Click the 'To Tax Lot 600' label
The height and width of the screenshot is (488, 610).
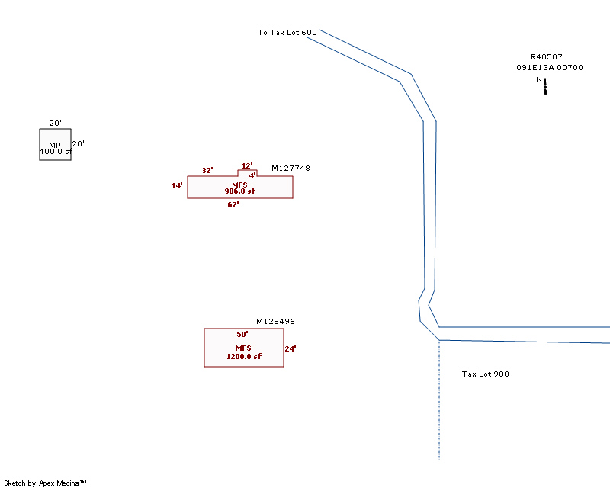(287, 33)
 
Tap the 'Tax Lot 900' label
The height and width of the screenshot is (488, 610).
(486, 374)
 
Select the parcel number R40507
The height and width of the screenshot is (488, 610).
(547, 56)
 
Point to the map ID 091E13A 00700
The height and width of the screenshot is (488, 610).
(549, 68)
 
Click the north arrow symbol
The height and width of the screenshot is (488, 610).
(545, 86)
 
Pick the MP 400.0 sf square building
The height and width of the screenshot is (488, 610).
(55, 138)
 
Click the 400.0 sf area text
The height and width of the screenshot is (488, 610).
(55, 152)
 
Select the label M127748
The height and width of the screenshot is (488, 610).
(291, 169)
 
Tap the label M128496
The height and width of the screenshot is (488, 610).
(275, 322)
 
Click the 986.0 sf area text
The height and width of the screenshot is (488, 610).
(239, 191)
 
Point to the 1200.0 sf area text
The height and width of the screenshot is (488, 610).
(243, 356)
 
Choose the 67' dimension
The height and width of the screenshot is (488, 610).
(233, 204)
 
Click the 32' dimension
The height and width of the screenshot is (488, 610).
(207, 171)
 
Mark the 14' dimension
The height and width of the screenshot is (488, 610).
(177, 186)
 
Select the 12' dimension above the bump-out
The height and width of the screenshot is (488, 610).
(247, 165)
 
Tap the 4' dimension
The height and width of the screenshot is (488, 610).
(252, 175)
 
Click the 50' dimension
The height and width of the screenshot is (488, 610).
(242, 335)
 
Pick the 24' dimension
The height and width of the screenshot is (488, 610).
(290, 349)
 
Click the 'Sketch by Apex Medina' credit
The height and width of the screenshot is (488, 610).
(45, 483)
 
